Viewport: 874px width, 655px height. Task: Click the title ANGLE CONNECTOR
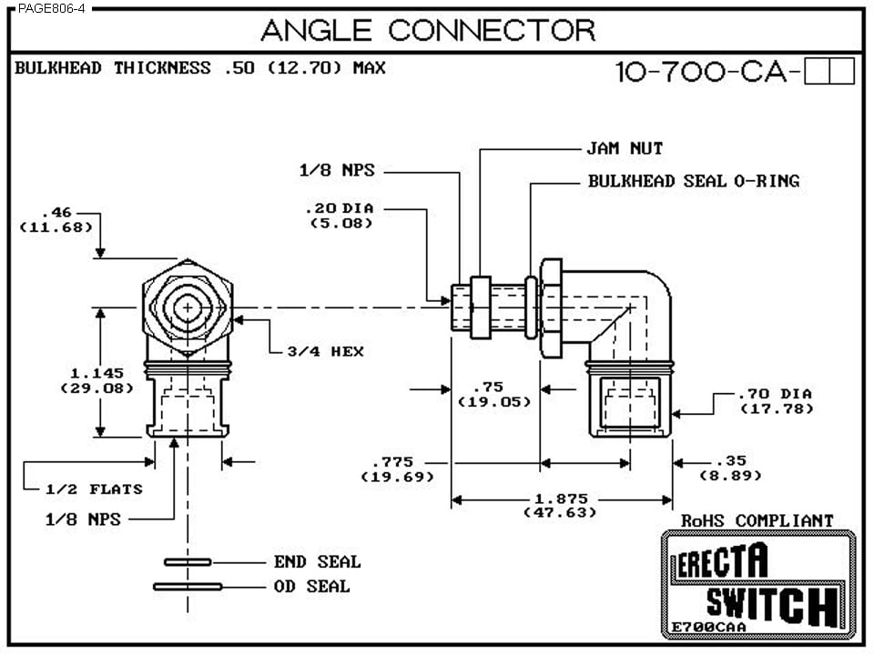click(428, 30)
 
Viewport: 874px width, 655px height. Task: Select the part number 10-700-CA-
click(710, 72)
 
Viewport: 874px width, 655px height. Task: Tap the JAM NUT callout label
click(624, 148)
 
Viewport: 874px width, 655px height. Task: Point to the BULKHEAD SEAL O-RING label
click(693, 181)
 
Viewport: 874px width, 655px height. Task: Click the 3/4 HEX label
click(326, 351)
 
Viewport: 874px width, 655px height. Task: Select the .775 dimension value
click(397, 463)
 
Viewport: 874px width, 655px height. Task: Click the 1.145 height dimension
click(97, 373)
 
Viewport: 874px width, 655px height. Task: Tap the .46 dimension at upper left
click(56, 212)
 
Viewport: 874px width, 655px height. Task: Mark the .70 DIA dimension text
click(775, 395)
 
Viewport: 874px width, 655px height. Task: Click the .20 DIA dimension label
click(340, 208)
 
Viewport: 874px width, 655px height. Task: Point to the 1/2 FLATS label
click(94, 489)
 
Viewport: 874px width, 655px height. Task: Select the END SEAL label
click(317, 562)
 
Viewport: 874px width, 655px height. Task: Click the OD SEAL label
click(311, 587)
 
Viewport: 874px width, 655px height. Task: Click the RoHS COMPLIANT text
click(757, 520)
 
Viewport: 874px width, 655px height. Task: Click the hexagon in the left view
click(188, 309)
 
